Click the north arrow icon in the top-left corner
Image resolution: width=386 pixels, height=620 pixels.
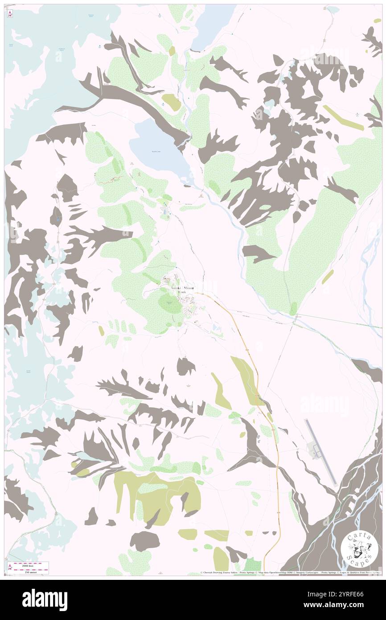(9, 14)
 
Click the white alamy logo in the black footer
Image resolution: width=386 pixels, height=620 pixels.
(45, 599)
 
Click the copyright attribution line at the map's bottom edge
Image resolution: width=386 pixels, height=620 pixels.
(290, 573)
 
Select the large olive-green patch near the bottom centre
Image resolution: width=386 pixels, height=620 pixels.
(156, 495)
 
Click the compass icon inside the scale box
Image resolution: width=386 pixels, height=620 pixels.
(9, 567)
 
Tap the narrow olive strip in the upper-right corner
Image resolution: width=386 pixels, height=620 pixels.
(343, 118)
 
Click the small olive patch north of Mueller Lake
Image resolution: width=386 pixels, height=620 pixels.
(172, 103)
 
